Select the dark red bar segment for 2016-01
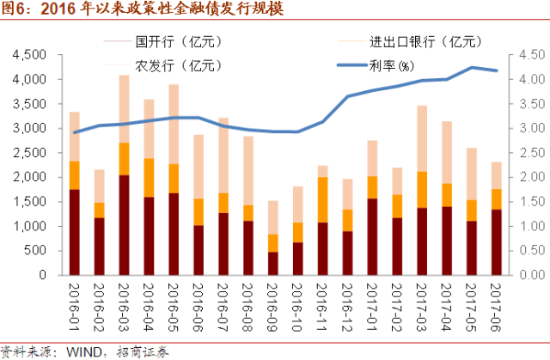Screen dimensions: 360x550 (75, 232)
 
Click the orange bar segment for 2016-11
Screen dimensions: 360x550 (323, 199)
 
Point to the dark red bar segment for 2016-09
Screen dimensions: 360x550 (273, 264)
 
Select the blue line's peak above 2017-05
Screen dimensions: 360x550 (472, 67)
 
